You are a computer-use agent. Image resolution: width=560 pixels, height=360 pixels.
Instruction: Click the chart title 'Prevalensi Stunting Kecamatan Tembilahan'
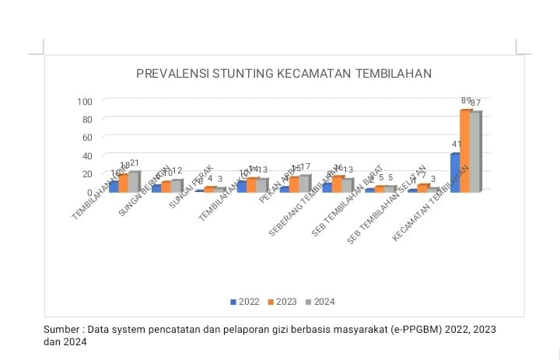click(x=283, y=74)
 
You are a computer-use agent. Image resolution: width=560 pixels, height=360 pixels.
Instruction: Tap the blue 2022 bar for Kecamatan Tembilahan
click(x=456, y=172)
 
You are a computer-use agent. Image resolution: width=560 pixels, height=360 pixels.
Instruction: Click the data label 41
click(x=457, y=145)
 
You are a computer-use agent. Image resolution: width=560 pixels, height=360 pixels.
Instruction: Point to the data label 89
click(x=466, y=101)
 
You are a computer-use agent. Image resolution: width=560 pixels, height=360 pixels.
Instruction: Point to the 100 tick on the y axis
click(x=85, y=101)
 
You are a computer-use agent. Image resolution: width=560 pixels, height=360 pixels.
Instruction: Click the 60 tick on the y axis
click(x=87, y=138)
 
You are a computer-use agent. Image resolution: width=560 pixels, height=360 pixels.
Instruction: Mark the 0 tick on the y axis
click(x=89, y=191)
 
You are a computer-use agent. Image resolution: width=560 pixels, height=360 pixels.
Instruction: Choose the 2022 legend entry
click(x=245, y=302)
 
